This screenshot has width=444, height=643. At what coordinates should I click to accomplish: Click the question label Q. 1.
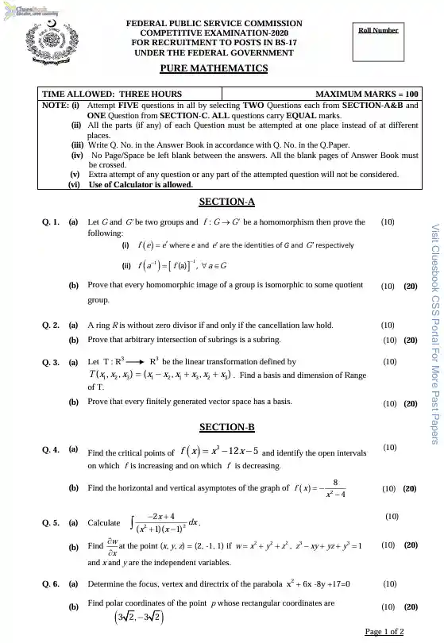point(50,222)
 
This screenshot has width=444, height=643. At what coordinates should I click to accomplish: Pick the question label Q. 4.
point(50,449)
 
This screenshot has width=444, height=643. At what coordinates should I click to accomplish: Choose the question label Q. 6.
point(50,585)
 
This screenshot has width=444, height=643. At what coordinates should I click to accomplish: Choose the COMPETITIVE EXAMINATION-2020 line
point(214,33)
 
